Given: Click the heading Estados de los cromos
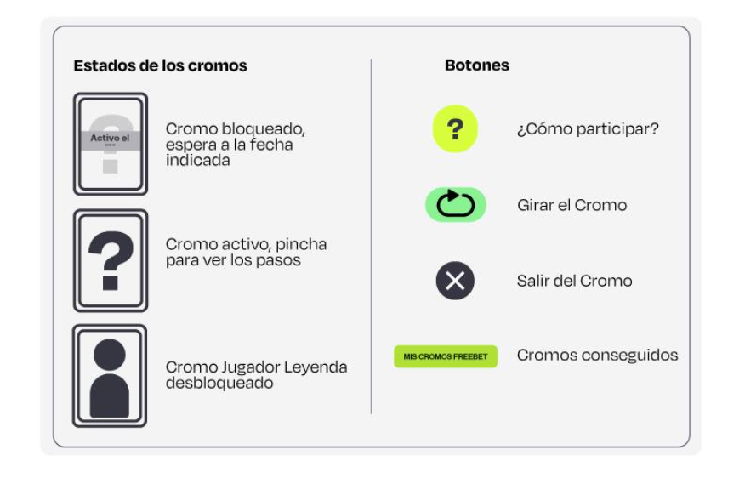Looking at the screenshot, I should (x=160, y=65).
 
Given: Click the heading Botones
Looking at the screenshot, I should (x=476, y=65).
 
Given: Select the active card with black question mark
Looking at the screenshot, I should (x=110, y=260).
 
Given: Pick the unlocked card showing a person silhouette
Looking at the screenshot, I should (x=110, y=375).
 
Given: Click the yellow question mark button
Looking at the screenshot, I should (x=455, y=130).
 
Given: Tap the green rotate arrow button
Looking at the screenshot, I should (x=455, y=205).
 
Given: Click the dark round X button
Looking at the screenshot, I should (x=455, y=281).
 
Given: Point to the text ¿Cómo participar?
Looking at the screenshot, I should (x=588, y=130).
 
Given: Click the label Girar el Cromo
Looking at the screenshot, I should (x=572, y=205).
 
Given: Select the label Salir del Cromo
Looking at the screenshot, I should (x=574, y=281).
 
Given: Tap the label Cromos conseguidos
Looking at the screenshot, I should (x=597, y=355).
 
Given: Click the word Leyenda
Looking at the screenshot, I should (x=314, y=367).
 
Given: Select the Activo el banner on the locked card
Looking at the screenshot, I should (x=110, y=137).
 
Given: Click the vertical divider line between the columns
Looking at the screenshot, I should (x=372, y=238).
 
